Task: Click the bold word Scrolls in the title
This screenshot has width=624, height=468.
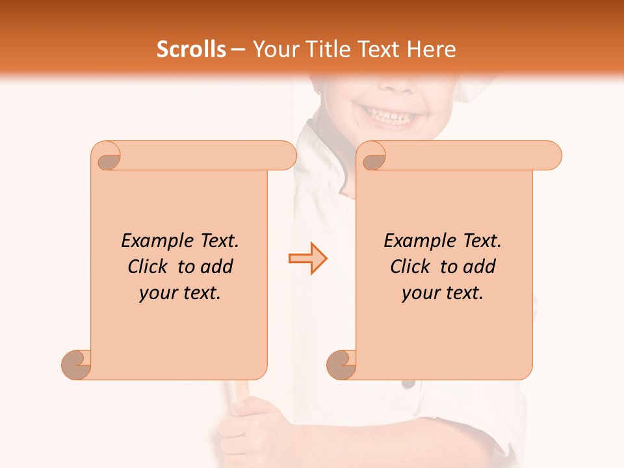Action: (x=192, y=49)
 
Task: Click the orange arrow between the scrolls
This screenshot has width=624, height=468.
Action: (x=308, y=259)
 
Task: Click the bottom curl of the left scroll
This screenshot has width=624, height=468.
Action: (x=76, y=364)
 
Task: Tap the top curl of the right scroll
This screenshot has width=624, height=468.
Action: (x=372, y=156)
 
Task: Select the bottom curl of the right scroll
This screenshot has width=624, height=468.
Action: (x=341, y=364)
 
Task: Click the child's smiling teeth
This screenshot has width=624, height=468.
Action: (x=388, y=117)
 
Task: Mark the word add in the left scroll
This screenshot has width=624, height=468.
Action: (x=217, y=267)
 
